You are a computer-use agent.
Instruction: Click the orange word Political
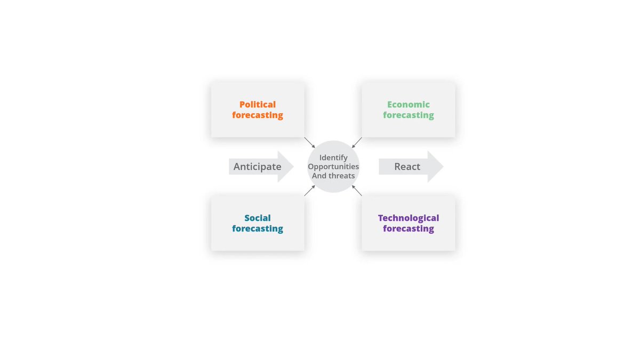(x=258, y=105)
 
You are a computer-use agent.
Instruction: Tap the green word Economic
(x=409, y=105)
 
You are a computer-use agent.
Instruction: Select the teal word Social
(x=258, y=218)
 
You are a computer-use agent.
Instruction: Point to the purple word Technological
(x=409, y=218)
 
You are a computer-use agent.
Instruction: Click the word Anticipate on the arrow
(x=257, y=166)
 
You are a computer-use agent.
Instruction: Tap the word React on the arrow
(x=407, y=166)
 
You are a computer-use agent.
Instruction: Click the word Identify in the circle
(x=333, y=158)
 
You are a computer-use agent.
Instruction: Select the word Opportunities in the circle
(x=333, y=167)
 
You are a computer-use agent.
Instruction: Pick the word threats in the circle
(x=342, y=176)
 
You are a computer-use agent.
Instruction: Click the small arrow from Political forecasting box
(x=310, y=142)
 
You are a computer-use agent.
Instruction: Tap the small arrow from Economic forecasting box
(x=357, y=142)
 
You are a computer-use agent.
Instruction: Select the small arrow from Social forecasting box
(x=310, y=190)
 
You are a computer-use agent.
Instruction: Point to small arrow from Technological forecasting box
(x=357, y=190)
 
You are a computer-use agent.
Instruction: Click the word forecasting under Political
(x=258, y=115)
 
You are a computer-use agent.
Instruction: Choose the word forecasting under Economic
(x=409, y=115)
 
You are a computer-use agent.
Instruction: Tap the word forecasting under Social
(x=258, y=229)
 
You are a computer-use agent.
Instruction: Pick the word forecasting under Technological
(x=409, y=229)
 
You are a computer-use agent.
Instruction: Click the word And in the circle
(x=319, y=176)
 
